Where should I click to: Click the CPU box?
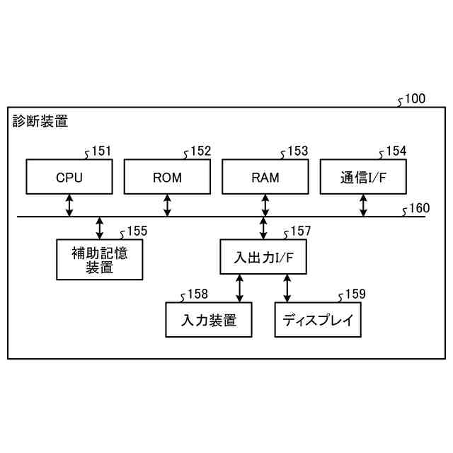[69, 177]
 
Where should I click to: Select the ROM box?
[167, 177]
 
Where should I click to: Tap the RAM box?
[265, 177]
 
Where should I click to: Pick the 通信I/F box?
[363, 177]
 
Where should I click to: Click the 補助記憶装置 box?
[100, 260]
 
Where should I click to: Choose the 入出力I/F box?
[263, 258]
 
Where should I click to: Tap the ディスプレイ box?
[318, 320]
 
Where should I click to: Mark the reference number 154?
[396, 151]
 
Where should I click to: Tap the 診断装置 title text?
[40, 122]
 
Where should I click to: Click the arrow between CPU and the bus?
[69, 205]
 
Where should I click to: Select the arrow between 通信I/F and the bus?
[363, 205]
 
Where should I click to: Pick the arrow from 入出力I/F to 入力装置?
[240, 289]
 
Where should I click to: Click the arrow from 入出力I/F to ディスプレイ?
[287, 289]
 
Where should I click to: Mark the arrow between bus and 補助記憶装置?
[100, 228]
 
